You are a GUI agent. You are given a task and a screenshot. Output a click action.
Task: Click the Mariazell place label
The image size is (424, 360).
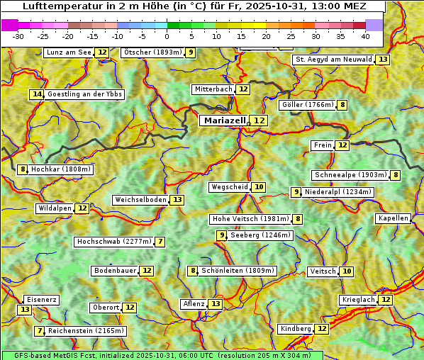tap(223, 120)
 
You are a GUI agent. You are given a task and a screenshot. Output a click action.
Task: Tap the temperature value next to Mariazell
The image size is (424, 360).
tap(260, 120)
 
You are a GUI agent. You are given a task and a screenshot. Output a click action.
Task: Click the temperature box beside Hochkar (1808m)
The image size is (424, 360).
tap(23, 169)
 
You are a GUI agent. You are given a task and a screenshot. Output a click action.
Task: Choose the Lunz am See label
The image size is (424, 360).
tap(69, 52)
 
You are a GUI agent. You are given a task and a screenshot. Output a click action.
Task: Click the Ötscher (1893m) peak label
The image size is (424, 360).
tap(152, 52)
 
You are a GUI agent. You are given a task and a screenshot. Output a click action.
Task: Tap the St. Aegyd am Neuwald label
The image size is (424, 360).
tap(333, 60)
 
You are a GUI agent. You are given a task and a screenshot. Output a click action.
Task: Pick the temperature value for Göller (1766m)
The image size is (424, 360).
tap(342, 105)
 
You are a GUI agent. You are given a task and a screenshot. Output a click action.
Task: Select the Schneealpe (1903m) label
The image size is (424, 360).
tap(350, 175)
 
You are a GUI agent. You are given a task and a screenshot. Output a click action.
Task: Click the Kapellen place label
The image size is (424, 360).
tap(393, 218)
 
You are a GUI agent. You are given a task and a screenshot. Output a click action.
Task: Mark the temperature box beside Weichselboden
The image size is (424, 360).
tap(177, 200)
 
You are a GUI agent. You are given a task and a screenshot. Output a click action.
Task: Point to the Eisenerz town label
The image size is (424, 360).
tap(40, 300)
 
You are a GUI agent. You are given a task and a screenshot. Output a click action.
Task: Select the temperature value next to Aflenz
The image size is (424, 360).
tap(216, 304)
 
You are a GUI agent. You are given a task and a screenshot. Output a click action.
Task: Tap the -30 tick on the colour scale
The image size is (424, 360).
tap(18, 35)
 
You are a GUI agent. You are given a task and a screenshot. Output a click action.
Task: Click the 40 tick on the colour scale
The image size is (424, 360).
tap(365, 35)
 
